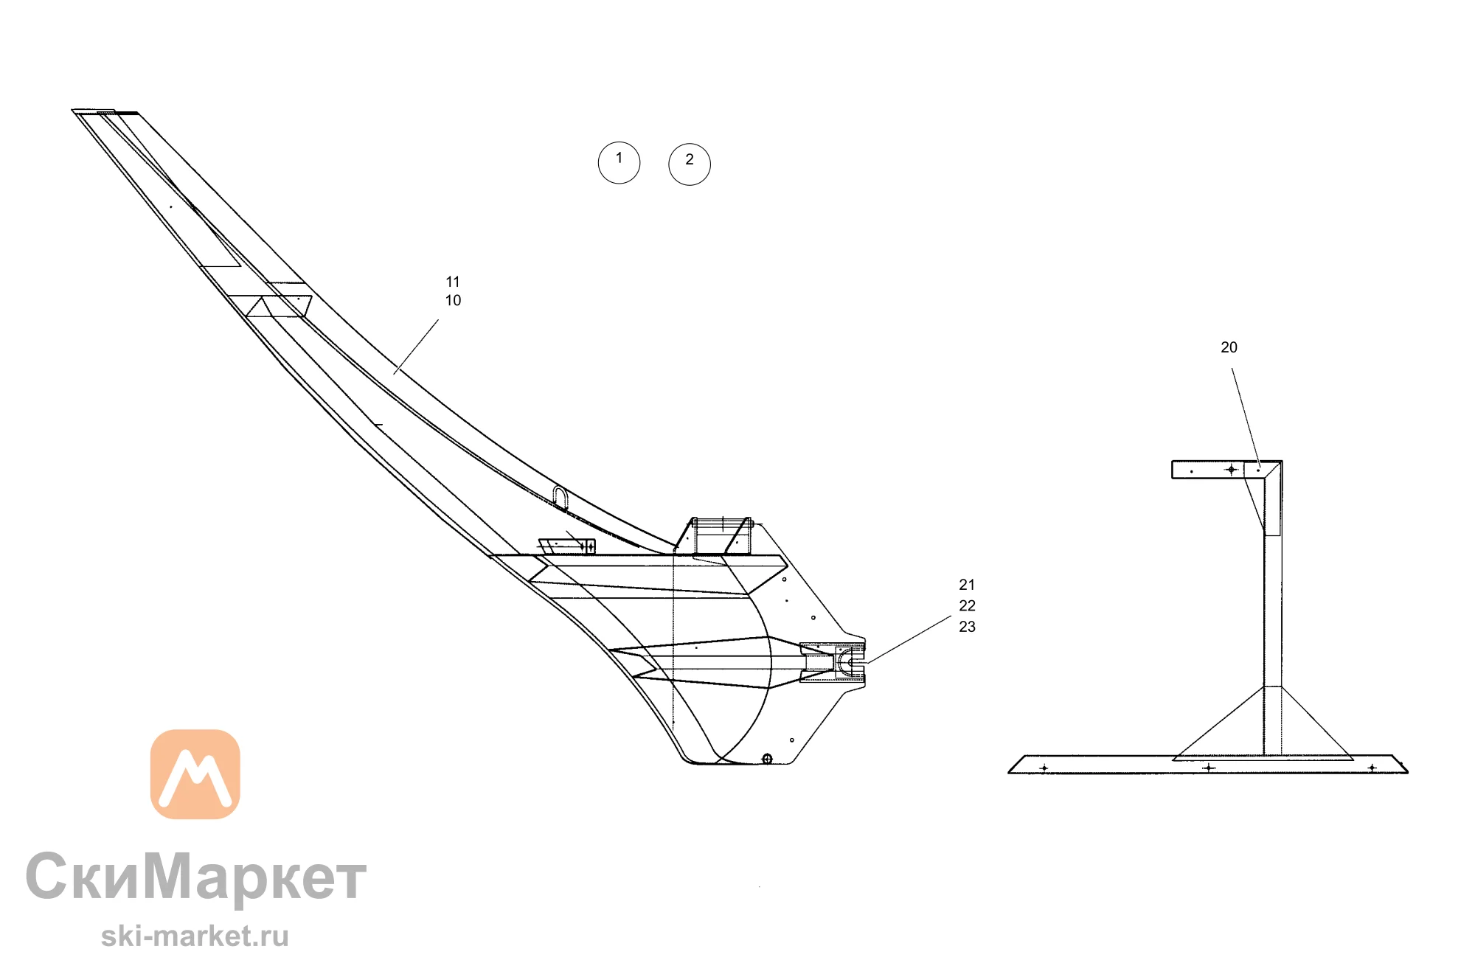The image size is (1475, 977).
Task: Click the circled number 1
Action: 619,163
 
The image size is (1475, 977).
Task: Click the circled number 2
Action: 690,164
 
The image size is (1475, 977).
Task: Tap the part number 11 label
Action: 453,282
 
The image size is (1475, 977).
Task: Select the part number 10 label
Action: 453,300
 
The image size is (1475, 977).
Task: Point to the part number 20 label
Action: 1229,347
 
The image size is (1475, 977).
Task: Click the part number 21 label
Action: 967,585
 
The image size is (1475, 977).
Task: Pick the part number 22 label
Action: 967,605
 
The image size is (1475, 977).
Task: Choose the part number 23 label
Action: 967,627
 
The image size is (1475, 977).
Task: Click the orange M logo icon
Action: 195,774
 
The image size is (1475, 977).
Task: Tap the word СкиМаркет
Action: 196,876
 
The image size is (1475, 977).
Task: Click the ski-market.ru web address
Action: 195,936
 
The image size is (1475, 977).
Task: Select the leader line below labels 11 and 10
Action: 416,347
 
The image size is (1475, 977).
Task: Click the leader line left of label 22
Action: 909,639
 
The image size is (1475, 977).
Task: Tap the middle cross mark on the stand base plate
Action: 1208,768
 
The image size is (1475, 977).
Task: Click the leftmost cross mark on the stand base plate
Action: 1044,768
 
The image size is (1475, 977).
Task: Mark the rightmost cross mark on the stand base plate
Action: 1372,768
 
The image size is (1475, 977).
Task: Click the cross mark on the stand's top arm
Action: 1231,469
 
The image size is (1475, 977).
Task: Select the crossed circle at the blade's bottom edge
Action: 767,759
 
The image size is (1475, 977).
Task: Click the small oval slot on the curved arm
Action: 560,498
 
